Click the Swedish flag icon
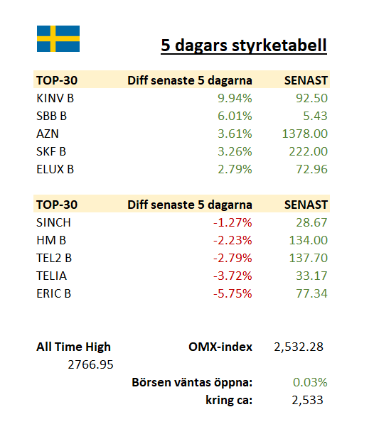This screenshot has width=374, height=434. (x=58, y=39)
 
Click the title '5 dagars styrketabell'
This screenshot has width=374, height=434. (x=244, y=45)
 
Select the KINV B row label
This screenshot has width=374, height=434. (x=55, y=98)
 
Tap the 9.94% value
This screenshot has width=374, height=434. (x=235, y=98)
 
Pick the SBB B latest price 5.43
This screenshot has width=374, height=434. (x=315, y=116)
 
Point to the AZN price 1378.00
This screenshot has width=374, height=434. (x=305, y=134)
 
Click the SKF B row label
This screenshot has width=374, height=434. (x=51, y=151)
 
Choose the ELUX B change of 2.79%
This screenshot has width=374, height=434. (x=235, y=169)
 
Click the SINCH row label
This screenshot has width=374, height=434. (x=54, y=222)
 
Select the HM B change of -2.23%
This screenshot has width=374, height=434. (x=233, y=240)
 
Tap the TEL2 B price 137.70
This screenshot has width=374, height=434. (x=309, y=258)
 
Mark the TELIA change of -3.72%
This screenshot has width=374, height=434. (x=233, y=276)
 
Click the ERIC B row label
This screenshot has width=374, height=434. (x=54, y=293)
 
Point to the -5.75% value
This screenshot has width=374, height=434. (x=233, y=293)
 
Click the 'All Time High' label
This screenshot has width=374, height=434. (x=73, y=347)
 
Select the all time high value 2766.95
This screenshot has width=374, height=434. (x=90, y=364)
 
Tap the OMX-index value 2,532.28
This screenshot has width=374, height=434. (x=299, y=347)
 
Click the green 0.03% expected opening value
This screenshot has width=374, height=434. (x=310, y=382)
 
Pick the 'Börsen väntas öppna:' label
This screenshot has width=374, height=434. (x=192, y=382)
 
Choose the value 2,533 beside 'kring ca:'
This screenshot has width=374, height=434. (x=307, y=400)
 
